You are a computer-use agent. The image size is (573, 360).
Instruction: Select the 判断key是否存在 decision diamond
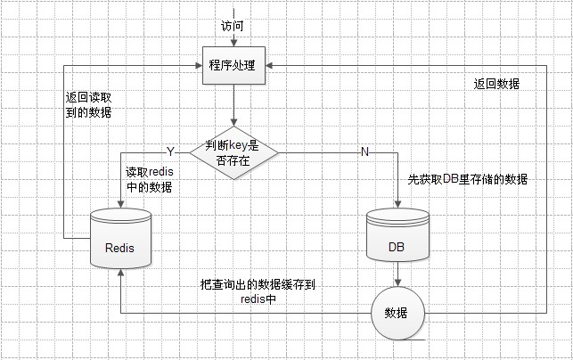(234, 151)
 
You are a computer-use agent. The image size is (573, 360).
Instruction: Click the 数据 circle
(397, 313)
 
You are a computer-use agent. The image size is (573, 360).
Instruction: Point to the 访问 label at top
(232, 26)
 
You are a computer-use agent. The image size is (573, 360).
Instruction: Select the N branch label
(364, 151)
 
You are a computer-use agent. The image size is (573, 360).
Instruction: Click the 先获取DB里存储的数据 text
(467, 179)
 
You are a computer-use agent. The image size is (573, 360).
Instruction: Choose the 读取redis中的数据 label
(149, 179)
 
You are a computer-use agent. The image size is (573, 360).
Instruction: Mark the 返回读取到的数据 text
(89, 105)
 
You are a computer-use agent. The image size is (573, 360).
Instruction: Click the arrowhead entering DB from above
(397, 202)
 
